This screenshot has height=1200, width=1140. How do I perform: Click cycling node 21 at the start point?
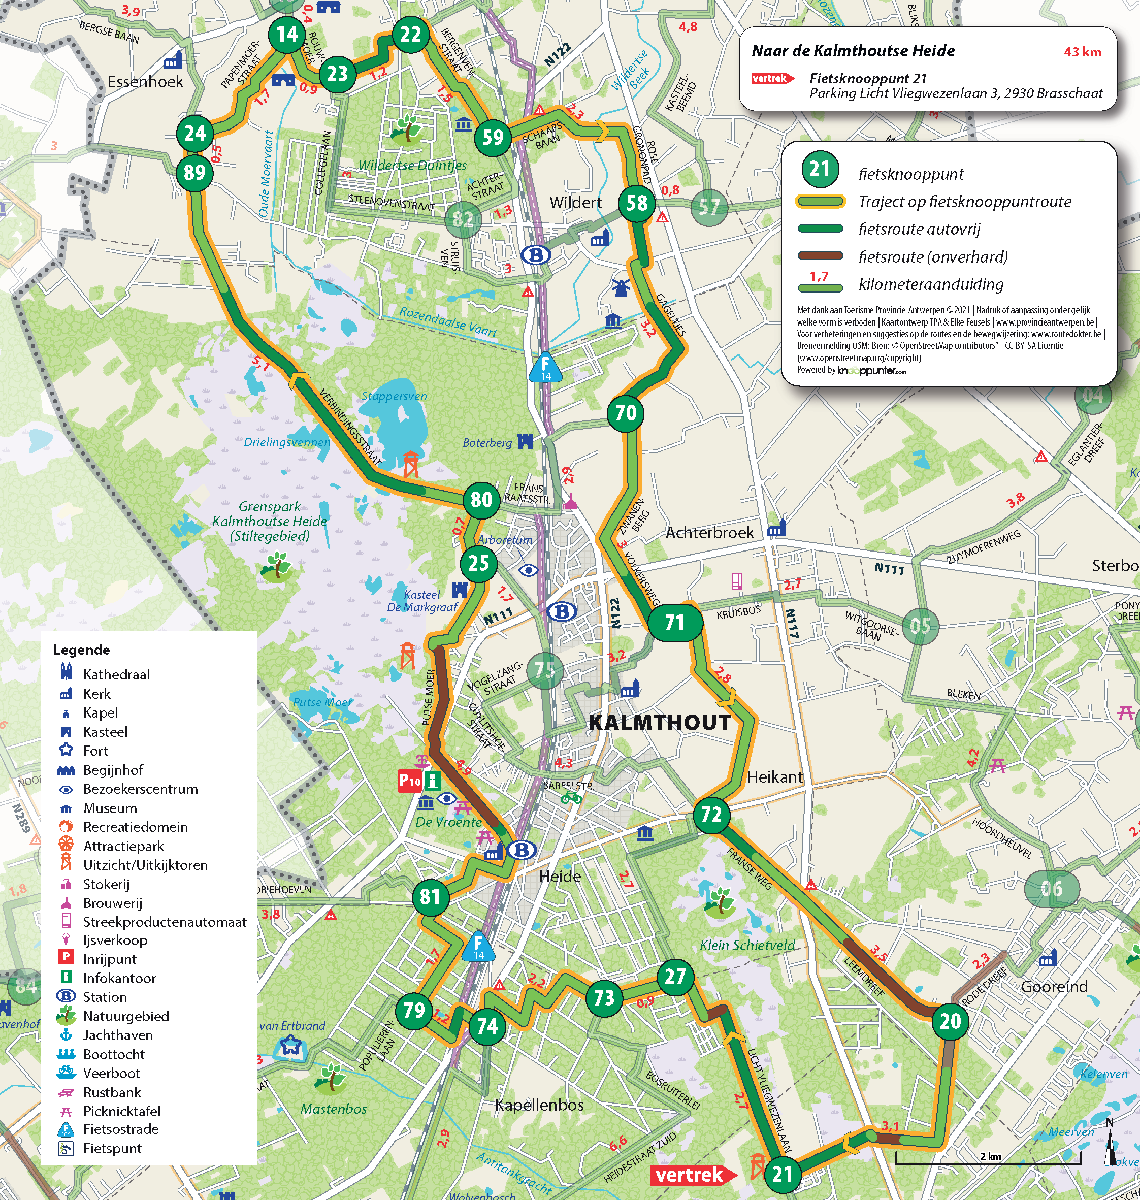[x=782, y=1174]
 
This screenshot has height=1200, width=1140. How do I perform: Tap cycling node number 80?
[x=481, y=499]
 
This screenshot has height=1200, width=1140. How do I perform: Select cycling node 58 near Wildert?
[x=636, y=203]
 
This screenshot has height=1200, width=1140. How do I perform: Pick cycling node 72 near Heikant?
[x=711, y=814]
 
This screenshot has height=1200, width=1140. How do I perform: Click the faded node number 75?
[x=544, y=669]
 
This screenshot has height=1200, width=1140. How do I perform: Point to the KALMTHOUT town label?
[x=659, y=723]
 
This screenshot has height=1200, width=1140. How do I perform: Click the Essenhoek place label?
[x=145, y=82]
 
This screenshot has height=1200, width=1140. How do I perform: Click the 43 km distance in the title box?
[x=1082, y=52]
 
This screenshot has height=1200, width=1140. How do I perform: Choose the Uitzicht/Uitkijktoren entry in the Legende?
[x=145, y=865]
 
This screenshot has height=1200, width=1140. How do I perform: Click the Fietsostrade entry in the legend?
[x=120, y=1129]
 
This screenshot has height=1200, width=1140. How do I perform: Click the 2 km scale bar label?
[x=991, y=1156]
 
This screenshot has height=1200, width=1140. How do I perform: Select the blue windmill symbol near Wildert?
[x=620, y=287]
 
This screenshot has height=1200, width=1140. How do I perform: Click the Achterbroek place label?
[x=709, y=533]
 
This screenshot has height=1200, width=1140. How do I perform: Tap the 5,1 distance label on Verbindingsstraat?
[x=260, y=363]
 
